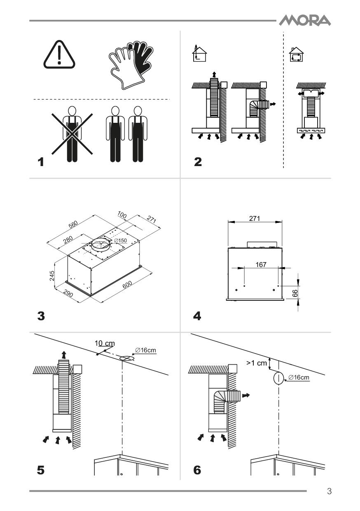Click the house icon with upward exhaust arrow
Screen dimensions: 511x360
199,53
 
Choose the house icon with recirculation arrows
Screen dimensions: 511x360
297,54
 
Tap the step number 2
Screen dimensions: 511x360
198,162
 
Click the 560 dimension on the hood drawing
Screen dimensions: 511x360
73,225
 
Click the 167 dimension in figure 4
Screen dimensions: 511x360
261,265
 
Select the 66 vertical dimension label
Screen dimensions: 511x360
295,293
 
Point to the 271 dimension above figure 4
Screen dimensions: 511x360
255,218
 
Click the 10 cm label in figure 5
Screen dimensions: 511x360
105,343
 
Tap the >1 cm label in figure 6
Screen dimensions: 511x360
257,363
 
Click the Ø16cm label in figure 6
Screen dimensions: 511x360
299,377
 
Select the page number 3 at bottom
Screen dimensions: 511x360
329,491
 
